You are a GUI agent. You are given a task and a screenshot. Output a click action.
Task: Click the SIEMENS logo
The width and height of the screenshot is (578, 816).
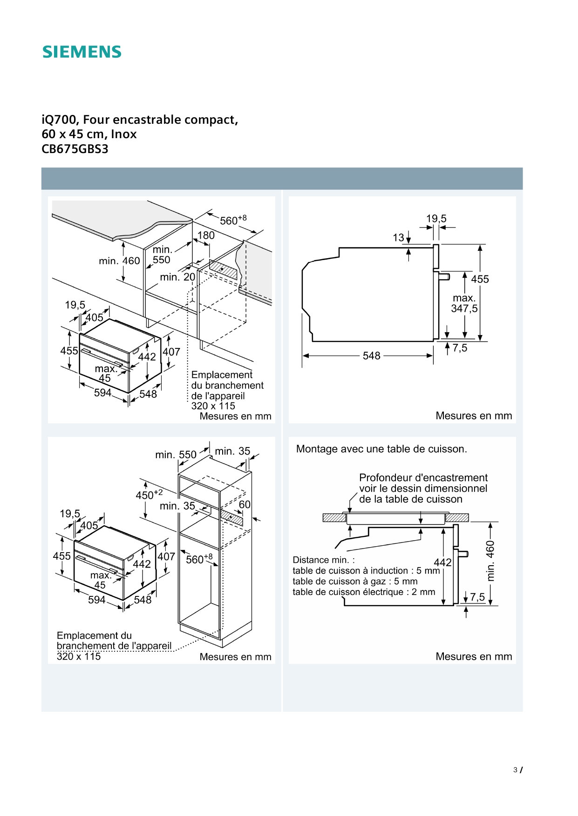click(x=82, y=52)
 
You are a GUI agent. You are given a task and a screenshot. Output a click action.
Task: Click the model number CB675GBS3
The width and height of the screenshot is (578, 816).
click(x=75, y=149)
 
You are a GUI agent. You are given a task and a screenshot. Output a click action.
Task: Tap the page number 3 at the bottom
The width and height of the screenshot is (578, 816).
click(x=515, y=770)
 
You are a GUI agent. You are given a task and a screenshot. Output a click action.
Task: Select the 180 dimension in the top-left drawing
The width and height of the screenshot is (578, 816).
click(x=206, y=235)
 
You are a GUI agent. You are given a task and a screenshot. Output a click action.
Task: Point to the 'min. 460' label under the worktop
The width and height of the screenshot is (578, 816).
click(x=119, y=261)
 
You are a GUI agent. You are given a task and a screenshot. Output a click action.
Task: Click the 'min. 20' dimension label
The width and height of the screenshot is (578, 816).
click(x=177, y=277)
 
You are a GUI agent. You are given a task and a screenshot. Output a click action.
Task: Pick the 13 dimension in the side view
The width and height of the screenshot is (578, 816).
click(x=398, y=238)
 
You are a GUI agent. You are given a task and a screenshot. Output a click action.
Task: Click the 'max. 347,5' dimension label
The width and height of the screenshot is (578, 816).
click(x=464, y=303)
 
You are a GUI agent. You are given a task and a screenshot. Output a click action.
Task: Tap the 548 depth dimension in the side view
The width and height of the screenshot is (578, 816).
click(x=371, y=356)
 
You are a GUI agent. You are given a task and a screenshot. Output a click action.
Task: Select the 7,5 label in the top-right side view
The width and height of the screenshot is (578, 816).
click(x=460, y=348)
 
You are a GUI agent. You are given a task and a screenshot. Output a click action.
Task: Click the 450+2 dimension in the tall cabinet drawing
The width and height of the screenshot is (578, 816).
click(x=149, y=495)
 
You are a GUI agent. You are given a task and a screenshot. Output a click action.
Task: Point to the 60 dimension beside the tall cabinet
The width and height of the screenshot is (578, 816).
click(x=245, y=505)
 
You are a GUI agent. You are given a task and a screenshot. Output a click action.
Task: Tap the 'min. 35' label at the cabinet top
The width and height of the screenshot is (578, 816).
click(x=232, y=451)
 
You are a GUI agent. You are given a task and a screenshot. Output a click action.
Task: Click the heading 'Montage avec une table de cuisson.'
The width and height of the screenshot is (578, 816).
click(x=381, y=449)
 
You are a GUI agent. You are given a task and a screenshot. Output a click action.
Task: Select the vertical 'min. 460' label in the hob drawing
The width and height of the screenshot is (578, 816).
click(x=490, y=561)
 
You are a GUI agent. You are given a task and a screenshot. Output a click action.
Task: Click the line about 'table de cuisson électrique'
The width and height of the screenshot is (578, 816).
click(x=364, y=592)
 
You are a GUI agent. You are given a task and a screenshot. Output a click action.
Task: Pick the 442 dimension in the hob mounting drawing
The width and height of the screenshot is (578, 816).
click(x=442, y=562)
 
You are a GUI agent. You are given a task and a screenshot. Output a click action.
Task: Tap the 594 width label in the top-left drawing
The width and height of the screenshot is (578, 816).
click(x=102, y=393)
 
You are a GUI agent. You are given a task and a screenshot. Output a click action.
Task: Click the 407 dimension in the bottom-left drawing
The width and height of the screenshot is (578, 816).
click(x=166, y=556)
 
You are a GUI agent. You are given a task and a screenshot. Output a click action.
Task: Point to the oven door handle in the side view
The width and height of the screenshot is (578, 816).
click(x=445, y=277)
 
